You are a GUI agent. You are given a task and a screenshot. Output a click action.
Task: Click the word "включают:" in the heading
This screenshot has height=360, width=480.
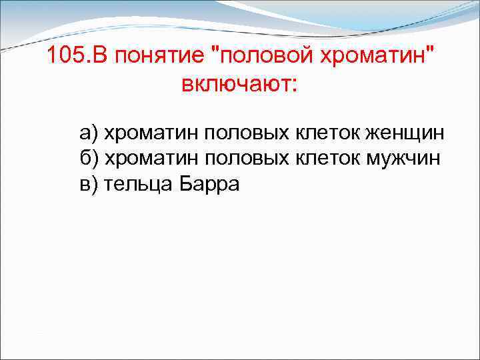237,85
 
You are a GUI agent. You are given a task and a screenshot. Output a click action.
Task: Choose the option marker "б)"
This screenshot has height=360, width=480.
89,159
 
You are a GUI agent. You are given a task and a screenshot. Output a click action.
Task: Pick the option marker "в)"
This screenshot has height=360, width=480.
89,184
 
